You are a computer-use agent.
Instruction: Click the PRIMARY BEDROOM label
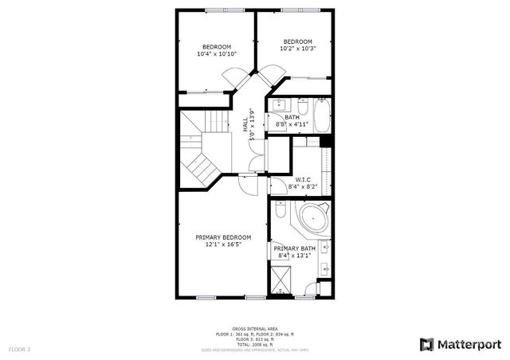click(x=223, y=237)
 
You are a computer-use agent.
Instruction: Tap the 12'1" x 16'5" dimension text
click(x=223, y=245)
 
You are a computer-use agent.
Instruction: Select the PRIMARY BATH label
click(x=295, y=248)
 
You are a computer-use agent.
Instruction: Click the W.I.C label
click(x=303, y=179)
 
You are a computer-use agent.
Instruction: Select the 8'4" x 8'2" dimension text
click(x=303, y=186)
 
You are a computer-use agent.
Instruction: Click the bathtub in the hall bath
click(x=322, y=116)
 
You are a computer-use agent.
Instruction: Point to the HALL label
click(x=245, y=125)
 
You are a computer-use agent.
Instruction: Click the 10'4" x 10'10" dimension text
click(x=217, y=54)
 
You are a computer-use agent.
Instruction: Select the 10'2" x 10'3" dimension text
click(x=298, y=49)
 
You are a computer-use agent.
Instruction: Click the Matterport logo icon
click(x=427, y=344)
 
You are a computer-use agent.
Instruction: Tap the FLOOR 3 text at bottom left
click(x=19, y=349)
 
